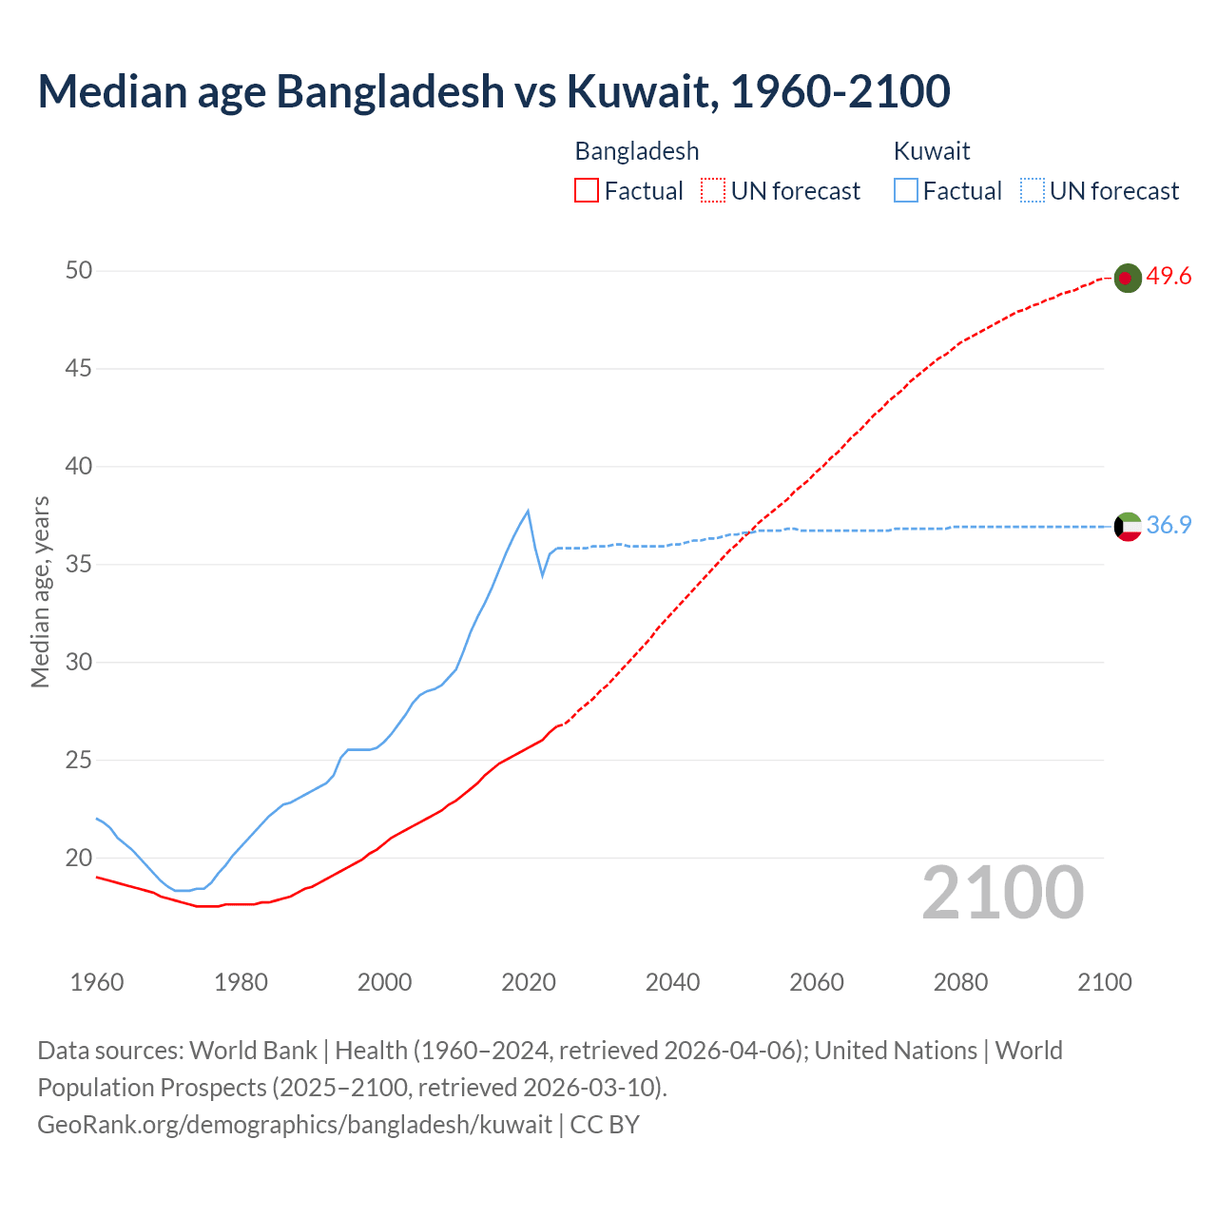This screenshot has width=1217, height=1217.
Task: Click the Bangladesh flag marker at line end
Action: (x=1127, y=278)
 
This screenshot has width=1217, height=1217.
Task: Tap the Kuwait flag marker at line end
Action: (x=1127, y=526)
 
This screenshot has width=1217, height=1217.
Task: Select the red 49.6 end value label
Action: (x=1169, y=277)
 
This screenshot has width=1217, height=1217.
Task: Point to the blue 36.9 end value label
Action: (x=1169, y=525)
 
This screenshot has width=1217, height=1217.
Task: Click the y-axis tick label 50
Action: (x=79, y=271)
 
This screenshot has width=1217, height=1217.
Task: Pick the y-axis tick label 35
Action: (x=79, y=565)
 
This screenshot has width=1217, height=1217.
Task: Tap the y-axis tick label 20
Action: (x=79, y=859)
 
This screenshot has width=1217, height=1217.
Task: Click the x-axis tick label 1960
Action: (x=97, y=982)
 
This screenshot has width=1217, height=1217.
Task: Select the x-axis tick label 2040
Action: (x=672, y=982)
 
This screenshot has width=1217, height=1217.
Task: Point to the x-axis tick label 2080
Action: (x=960, y=982)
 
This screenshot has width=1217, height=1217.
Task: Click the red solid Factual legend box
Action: (x=587, y=191)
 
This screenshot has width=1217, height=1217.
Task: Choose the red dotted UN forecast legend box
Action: (x=713, y=191)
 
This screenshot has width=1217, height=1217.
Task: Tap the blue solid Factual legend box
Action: (x=906, y=191)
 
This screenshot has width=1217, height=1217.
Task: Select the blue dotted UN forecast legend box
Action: (x=1032, y=191)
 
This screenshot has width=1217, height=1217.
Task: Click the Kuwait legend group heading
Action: (x=932, y=151)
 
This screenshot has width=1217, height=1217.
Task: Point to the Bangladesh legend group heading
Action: (x=637, y=151)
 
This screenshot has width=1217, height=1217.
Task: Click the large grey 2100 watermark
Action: (x=1003, y=893)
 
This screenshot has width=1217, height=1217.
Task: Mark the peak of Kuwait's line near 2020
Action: (x=528, y=511)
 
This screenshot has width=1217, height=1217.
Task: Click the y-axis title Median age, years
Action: (x=40, y=591)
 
